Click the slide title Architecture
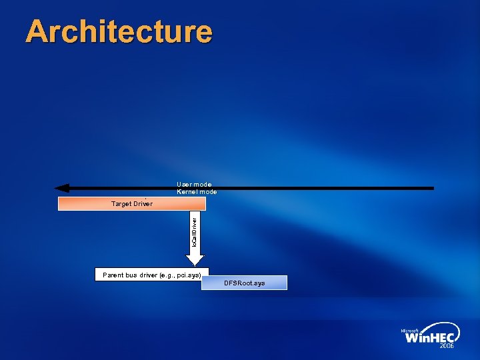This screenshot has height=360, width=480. tap(119, 31)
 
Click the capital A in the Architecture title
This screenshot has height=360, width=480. tap(39, 31)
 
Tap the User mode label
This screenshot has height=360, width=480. tap(194, 184)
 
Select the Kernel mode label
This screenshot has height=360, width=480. tap(197, 192)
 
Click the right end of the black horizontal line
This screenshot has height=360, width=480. tap(432, 188)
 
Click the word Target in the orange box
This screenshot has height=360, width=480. tap(121, 203)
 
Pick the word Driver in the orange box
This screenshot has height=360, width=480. tap(143, 203)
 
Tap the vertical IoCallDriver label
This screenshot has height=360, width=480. tap(194, 231)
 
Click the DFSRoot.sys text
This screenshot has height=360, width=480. tap(244, 283)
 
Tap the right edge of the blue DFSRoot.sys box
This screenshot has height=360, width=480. tap(286, 283)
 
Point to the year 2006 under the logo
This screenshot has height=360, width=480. tap(447, 347)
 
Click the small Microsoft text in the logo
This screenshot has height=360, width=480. tap(409, 331)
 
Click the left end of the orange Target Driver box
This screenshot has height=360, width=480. tap(60, 203)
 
